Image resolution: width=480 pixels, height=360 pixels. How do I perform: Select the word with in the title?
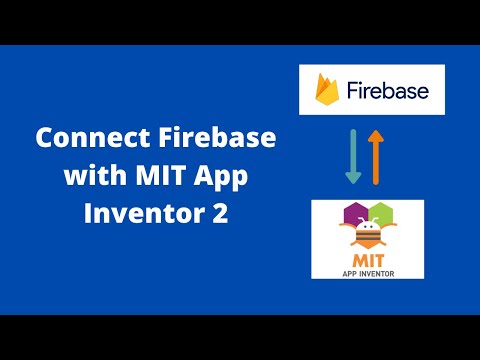[x=92, y=176]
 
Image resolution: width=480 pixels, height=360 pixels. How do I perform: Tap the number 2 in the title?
[x=221, y=213]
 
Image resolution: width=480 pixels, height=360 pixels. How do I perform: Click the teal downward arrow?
[x=352, y=157]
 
